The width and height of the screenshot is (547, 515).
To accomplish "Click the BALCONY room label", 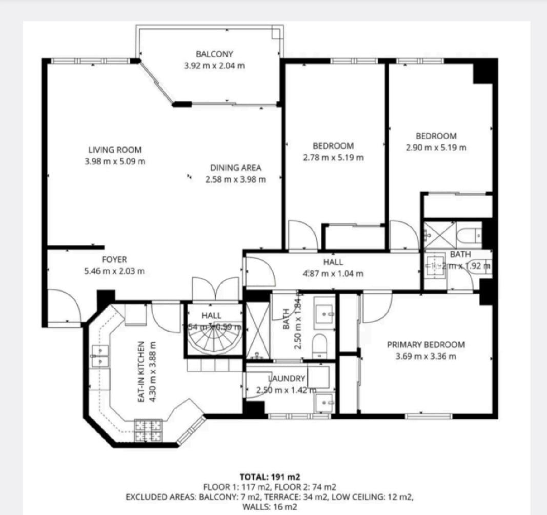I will point(214,54).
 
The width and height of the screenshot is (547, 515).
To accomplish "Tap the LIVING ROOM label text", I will point(115,150).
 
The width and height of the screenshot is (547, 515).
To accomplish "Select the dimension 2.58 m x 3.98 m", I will point(236,179).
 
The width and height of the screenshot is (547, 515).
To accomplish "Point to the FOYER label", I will point(115,260).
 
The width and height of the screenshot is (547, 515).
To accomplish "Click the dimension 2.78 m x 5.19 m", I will point(333,157).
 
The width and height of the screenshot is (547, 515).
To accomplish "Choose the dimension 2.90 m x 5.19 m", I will point(436,148).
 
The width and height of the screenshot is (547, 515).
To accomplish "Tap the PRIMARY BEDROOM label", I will point(426,345).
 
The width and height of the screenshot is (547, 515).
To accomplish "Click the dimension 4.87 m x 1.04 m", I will point(333,273).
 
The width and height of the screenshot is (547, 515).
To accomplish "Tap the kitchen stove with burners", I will point(148,430).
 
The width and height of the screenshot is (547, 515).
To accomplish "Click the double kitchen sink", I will point(99,355).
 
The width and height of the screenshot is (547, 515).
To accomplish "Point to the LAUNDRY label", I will point(287,379).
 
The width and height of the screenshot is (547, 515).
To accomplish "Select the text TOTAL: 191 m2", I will point(270,477).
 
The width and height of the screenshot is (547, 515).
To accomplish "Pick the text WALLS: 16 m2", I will point(270,507).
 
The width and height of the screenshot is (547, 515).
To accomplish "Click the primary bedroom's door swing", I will point(377,308).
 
